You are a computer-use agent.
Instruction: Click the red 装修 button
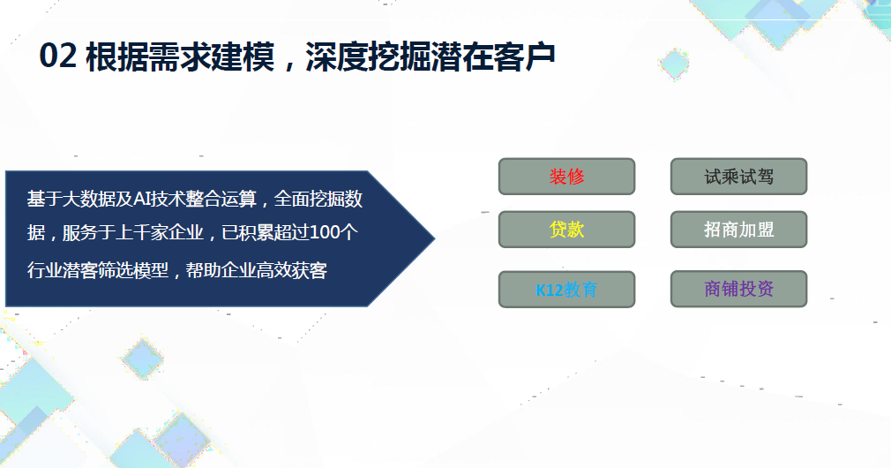[566, 177]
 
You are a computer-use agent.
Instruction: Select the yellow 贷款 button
[566, 230]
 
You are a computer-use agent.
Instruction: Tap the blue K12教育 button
[566, 290]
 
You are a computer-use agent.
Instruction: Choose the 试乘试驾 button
[738, 177]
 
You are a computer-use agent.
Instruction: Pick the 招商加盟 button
[738, 230]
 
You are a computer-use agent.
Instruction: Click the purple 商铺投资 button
[738, 289]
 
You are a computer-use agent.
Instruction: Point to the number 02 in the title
[57, 57]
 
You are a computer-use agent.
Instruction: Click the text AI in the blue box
[140, 199]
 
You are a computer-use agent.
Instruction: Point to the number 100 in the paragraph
[326, 232]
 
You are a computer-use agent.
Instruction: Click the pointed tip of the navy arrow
[435, 238]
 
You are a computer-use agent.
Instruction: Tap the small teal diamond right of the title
[675, 64]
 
